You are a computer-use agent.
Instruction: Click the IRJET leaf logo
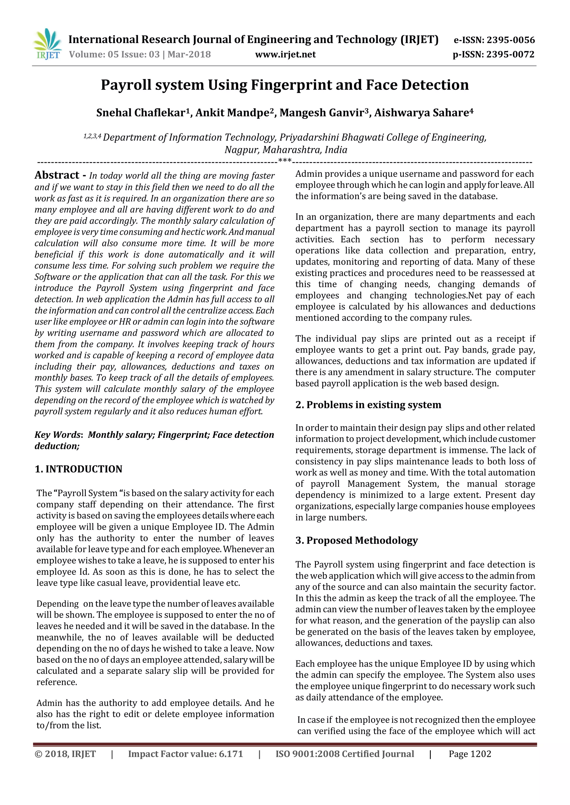pyautogui.click(x=47, y=44)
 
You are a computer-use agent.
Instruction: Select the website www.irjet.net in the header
pyautogui.click(x=285, y=54)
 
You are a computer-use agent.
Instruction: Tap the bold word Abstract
pyautogui.click(x=57, y=175)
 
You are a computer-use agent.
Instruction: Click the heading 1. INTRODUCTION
pyautogui.click(x=78, y=469)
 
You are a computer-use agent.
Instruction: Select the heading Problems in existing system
pyautogui.click(x=374, y=405)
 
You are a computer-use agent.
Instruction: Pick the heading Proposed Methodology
pyautogui.click(x=362, y=540)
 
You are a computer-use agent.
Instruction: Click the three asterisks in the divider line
pyautogui.click(x=285, y=161)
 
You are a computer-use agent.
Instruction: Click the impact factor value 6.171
pyautogui.click(x=231, y=754)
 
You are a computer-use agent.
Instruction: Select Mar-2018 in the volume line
pyautogui.click(x=189, y=54)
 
